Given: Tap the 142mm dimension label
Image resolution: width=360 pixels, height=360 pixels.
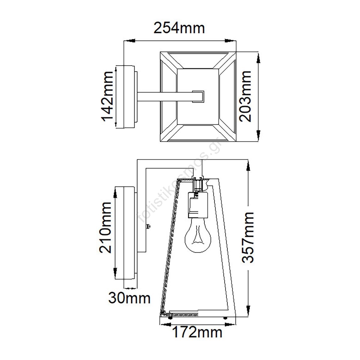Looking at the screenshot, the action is (107, 96).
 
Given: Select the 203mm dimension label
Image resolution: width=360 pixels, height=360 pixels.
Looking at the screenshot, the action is (245, 96).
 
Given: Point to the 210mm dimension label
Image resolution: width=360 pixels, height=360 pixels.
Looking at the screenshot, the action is (105, 227).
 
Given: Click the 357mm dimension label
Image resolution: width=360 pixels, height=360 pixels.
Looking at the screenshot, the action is (248, 237).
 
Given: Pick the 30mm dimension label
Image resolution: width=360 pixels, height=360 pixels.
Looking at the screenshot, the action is (129, 298).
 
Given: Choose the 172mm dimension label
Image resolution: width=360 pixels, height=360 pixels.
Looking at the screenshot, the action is (197, 332).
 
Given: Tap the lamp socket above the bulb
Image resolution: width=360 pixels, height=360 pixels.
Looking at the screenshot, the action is (198, 205).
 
